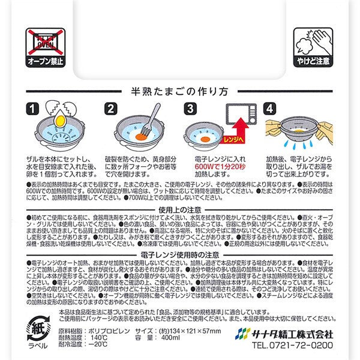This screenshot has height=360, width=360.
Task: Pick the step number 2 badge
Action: [x=110, y=109]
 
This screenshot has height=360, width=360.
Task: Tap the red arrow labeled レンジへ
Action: [x=238, y=134]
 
